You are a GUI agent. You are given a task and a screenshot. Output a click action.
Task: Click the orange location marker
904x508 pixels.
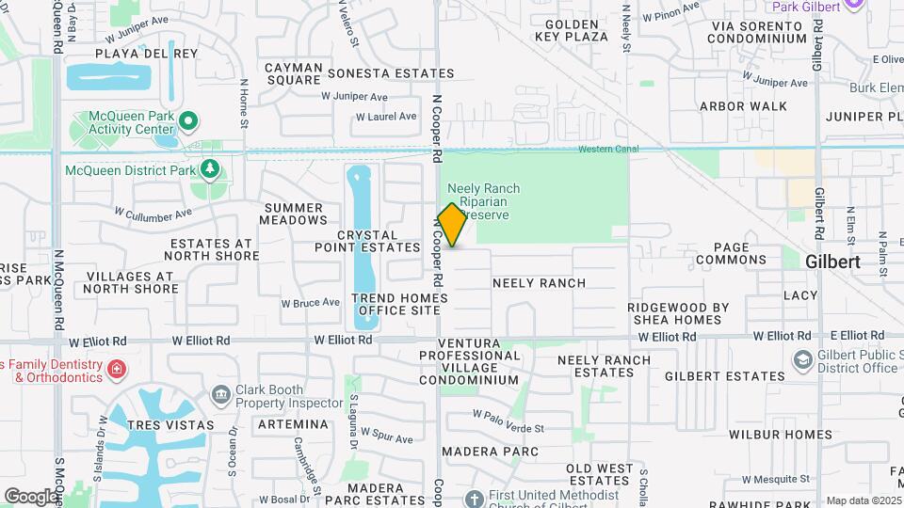pyautogui.click(x=452, y=225)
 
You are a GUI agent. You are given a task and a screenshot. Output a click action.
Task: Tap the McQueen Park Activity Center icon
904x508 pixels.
pyautogui.click(x=188, y=119)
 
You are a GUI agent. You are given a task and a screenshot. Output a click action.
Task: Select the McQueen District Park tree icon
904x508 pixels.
pyautogui.click(x=210, y=170)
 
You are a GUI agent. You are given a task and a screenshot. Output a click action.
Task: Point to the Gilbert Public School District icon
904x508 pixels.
pyautogui.click(x=801, y=360)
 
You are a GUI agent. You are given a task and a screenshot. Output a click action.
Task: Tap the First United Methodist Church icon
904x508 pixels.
pyautogui.click(x=475, y=497)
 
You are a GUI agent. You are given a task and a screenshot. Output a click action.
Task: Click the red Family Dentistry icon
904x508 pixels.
pyautogui.click(x=116, y=369)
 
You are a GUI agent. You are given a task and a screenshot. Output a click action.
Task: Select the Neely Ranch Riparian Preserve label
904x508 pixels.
pyautogui.click(x=483, y=201)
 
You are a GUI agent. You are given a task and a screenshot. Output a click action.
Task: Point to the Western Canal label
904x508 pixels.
pyautogui.click(x=608, y=149)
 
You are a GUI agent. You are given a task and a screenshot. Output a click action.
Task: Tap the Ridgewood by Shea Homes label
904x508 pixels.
pyautogui.click(x=678, y=313)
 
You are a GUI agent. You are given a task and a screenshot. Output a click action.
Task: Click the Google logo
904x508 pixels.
pyautogui.click(x=30, y=496)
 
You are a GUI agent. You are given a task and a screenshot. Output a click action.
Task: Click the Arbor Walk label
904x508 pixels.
pyautogui.click(x=744, y=106)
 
